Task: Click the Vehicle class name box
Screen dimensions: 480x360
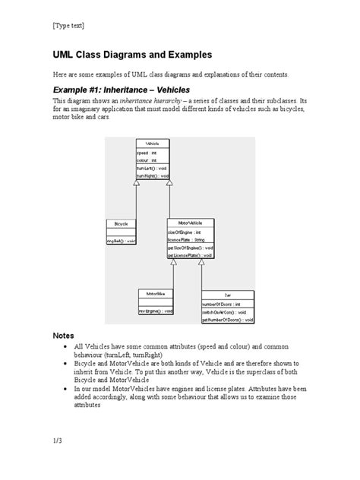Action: point(152,144)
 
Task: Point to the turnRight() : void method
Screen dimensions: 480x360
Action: point(152,175)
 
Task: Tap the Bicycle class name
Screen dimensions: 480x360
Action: point(122,224)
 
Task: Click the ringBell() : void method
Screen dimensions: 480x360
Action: point(122,241)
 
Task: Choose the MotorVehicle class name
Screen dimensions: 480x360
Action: point(190,223)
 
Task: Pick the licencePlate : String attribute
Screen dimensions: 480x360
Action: point(186,239)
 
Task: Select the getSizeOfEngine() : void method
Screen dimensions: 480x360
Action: point(189,248)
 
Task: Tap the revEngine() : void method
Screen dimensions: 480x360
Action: point(156,311)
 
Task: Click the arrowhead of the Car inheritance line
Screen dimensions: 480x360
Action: point(201,264)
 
